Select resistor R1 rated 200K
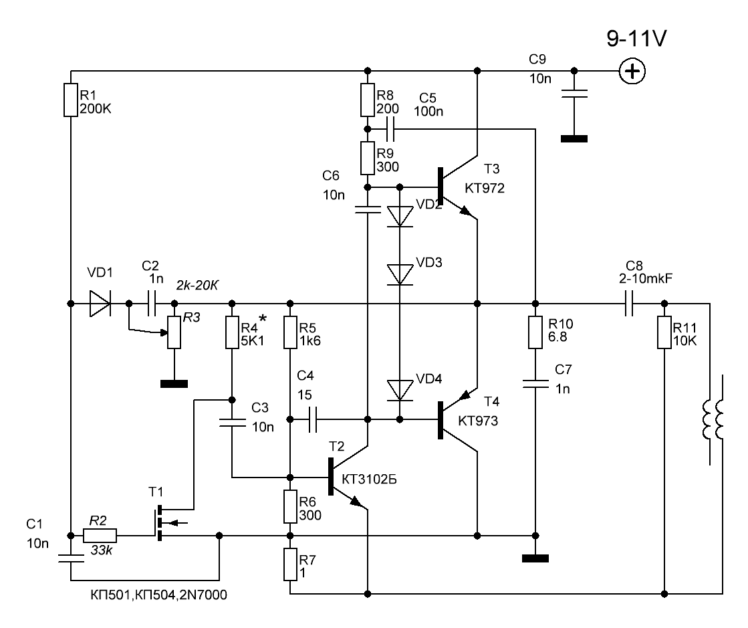[71, 100]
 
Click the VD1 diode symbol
[101, 304]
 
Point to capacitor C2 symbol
[151, 304]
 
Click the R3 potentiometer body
[174, 332]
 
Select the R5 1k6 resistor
[289, 332]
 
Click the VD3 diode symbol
[400, 272]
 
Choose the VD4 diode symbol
[400, 389]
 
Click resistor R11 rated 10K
[664, 332]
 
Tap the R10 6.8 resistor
[534, 332]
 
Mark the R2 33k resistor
[100, 536]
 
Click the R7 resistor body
[289, 564]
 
